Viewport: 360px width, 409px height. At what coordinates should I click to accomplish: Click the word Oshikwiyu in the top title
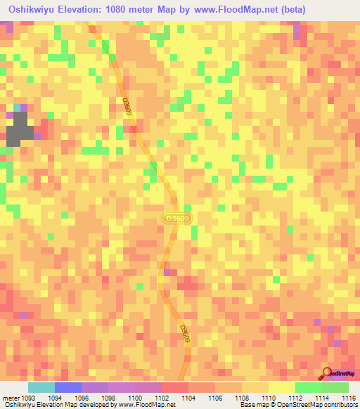click(29, 9)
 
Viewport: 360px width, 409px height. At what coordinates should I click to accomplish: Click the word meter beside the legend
click(11, 398)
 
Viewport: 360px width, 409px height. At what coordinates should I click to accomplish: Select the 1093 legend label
click(30, 398)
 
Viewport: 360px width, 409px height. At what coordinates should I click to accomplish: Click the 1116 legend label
click(349, 398)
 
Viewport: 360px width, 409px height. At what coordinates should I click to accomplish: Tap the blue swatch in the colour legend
click(68, 387)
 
